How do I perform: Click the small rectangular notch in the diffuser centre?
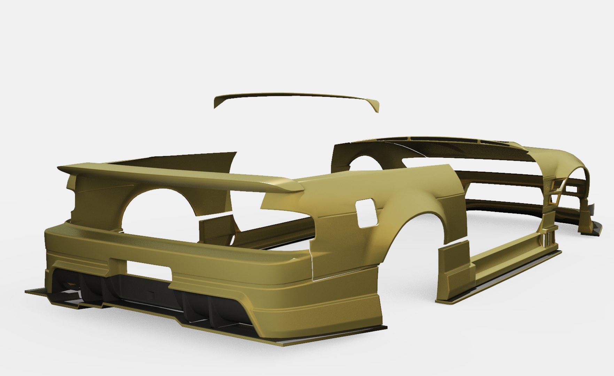(151, 295)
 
